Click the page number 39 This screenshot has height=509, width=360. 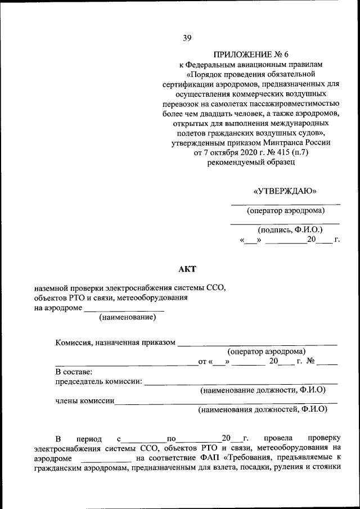tap(187, 38)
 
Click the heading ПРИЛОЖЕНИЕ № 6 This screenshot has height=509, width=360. tap(250, 55)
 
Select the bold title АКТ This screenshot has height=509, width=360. tap(187, 269)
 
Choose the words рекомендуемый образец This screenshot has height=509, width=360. tap(250, 163)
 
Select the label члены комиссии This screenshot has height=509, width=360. tap(85, 401)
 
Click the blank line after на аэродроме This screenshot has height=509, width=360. tap(124, 308)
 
